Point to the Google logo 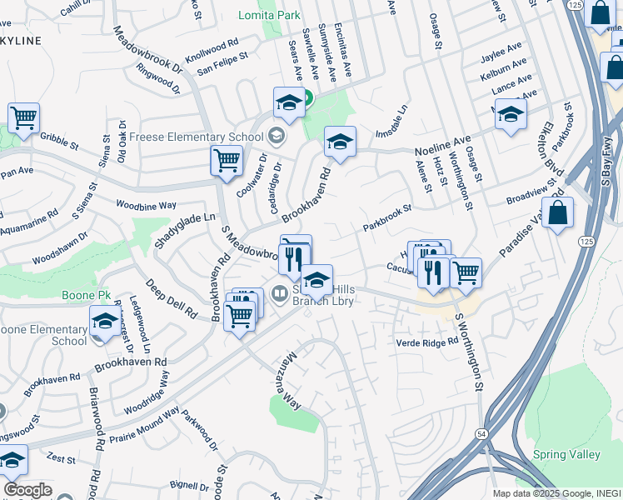point(27,490)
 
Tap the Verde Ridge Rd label point(427,342)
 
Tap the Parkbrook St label point(387,219)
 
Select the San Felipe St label point(222,64)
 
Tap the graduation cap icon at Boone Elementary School point(105,321)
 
